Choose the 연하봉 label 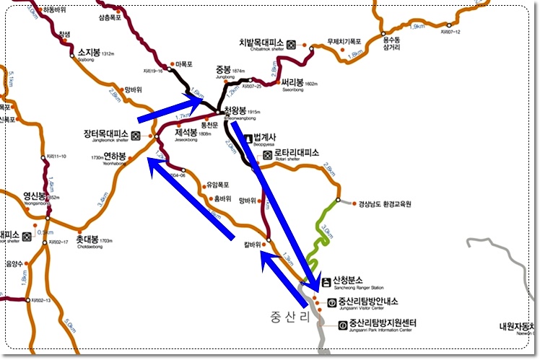[116, 156]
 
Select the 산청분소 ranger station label [347, 281]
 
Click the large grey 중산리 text [289, 317]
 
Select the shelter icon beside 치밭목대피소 [292, 43]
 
